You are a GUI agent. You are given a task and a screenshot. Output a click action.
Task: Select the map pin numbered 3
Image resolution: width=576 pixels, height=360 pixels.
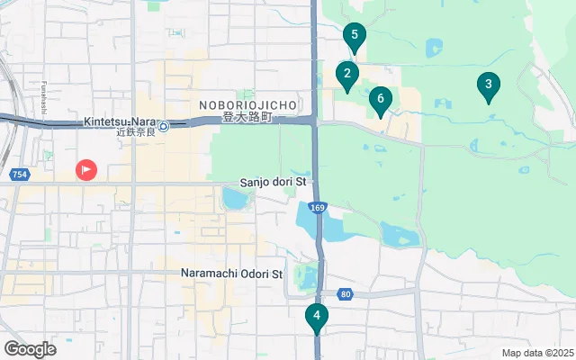coord(489,85)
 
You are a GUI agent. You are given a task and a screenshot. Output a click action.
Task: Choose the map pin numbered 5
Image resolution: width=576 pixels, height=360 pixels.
coord(355,38)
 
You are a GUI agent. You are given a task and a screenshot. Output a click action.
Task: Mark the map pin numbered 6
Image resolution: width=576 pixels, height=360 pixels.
coord(381,99)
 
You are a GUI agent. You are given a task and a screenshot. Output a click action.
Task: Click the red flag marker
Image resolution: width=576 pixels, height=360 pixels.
coord(86,168)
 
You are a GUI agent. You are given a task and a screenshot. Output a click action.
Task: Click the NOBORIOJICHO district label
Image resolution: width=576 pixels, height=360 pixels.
coord(242,105)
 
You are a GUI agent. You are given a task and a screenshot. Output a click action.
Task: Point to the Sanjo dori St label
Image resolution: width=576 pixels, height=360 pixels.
coord(274,182)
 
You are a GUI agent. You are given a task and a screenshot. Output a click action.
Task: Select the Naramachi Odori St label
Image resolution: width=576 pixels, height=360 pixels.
coord(231,274)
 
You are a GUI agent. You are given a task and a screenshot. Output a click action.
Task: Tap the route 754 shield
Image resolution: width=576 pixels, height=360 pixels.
coord(19,174)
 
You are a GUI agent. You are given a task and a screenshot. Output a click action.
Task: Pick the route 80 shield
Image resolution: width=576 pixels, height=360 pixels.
coord(346,294)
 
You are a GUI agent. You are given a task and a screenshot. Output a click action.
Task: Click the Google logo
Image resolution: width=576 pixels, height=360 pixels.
coord(30,348)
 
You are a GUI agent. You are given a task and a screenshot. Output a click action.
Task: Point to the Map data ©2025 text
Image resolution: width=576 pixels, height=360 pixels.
coord(536,353)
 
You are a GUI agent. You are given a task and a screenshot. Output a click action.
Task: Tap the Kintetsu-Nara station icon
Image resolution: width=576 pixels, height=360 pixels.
coord(164,125)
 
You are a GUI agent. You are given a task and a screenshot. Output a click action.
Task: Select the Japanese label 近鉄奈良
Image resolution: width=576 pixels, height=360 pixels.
coord(137,132)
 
